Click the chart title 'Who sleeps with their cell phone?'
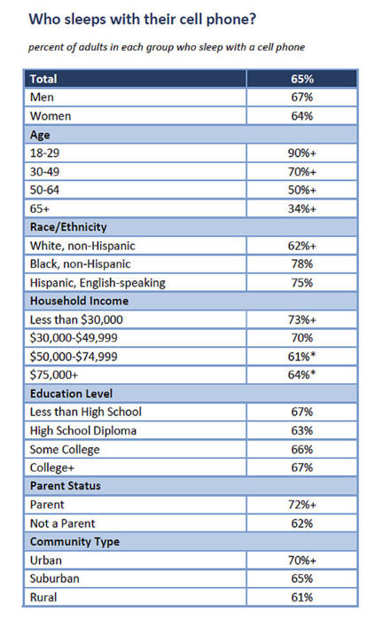[x=143, y=20]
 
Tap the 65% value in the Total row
[x=302, y=79]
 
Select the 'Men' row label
[x=42, y=97]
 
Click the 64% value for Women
[x=302, y=116]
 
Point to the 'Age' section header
[x=40, y=135]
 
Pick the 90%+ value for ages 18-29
[x=302, y=153]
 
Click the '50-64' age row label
[x=44, y=190]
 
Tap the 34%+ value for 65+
[x=302, y=208]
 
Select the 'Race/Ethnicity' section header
[x=68, y=227]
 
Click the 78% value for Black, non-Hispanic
[x=302, y=263]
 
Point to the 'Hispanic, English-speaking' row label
[x=98, y=283]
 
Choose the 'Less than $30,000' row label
[x=76, y=319]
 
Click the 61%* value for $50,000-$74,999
[x=302, y=357]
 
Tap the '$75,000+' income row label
[x=54, y=374]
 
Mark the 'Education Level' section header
[x=71, y=393]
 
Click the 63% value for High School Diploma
[x=302, y=430]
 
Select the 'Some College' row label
[x=65, y=450]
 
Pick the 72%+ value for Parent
[x=302, y=505]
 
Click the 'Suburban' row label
[x=55, y=578]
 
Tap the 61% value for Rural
[x=302, y=597]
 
